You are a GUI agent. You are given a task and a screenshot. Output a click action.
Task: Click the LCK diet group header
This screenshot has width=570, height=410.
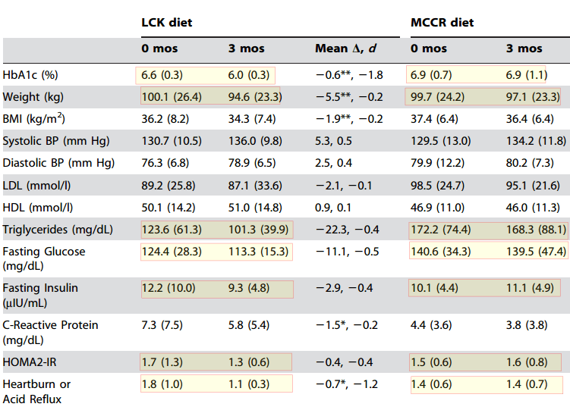pos(166,22)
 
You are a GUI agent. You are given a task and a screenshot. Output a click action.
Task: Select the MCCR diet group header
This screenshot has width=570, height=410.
pos(442,22)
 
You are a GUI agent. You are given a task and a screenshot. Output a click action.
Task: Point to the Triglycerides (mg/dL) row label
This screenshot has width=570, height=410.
pos(57,230)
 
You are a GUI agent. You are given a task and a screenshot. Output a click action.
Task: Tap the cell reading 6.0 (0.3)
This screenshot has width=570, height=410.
pos(249,76)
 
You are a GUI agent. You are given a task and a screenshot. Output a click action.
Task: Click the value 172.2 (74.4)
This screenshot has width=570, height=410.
pos(440,230)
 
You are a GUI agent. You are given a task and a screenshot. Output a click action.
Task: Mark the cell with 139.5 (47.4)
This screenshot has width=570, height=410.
pos(536,251)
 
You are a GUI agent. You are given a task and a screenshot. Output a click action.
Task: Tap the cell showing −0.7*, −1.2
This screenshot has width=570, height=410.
pos(346,383)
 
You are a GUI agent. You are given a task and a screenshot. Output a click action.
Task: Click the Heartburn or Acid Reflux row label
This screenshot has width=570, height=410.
pos(36,391)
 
